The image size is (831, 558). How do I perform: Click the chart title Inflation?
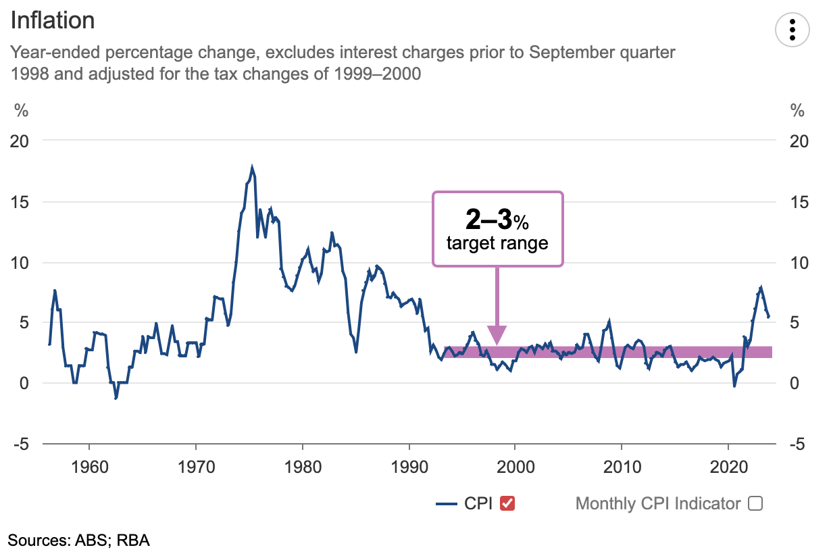(52, 20)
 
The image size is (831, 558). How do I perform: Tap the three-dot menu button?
(793, 30)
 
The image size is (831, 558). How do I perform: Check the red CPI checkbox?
(507, 503)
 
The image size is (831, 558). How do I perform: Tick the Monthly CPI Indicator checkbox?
(755, 503)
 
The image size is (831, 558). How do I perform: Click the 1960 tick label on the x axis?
(89, 466)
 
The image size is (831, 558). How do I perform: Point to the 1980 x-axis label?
(302, 466)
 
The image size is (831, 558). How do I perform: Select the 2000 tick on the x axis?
(515, 466)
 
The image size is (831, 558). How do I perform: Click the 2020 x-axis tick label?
(728, 466)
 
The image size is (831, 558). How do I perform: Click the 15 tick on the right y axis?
(798, 201)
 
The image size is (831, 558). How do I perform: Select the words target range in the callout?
(497, 243)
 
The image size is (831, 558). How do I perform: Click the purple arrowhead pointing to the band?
(497, 335)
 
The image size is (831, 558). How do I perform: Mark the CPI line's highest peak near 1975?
(252, 167)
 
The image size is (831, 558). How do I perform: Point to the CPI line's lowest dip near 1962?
(116, 398)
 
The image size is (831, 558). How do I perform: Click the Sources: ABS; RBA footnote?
(78, 540)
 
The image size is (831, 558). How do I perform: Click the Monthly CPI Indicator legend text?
(657, 503)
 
